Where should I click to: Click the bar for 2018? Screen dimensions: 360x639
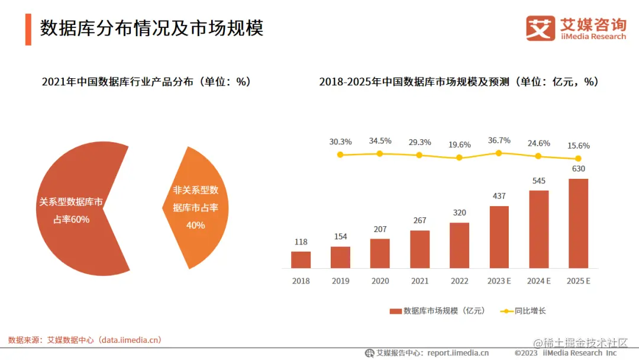coord(301,260)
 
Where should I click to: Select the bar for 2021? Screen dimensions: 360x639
coord(419,249)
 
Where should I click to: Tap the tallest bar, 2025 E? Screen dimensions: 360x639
coord(578,224)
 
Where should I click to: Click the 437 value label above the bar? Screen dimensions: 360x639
coord(499,196)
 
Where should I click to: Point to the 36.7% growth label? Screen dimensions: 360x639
coord(499,140)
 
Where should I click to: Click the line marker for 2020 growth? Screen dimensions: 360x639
coord(380,153)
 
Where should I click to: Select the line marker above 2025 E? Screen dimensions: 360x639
coord(578,159)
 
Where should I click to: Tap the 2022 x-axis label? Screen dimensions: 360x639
coord(459,281)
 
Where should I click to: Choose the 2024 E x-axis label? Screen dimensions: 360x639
coord(538,281)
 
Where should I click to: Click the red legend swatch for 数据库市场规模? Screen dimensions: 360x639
coord(395,311)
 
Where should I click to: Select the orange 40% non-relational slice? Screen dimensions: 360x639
coord(198,207)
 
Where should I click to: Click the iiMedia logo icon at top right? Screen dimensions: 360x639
coord(540,28)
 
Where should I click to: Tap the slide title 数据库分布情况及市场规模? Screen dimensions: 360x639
coord(151,28)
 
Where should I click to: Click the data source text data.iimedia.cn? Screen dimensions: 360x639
coord(130,340)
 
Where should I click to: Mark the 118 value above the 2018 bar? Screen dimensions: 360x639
coord(301,242)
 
